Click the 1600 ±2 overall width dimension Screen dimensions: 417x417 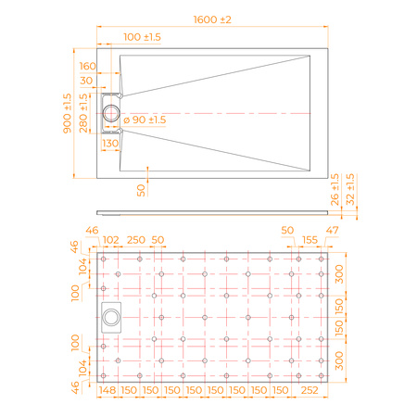coord(212,19)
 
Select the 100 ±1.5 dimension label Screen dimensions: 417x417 coord(142,36)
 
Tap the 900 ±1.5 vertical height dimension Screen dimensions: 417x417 coord(67,114)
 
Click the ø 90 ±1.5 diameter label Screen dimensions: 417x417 coord(145,120)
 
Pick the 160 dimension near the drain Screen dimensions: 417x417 coord(88,67)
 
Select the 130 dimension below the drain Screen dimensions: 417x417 coord(110,144)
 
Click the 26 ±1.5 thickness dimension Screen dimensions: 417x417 coord(335,190)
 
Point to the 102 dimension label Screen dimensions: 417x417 coord(111,240)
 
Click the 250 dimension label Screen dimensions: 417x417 coord(134,240)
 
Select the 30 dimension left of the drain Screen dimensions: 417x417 coord(88,82)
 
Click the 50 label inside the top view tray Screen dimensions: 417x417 coord(141,189)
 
